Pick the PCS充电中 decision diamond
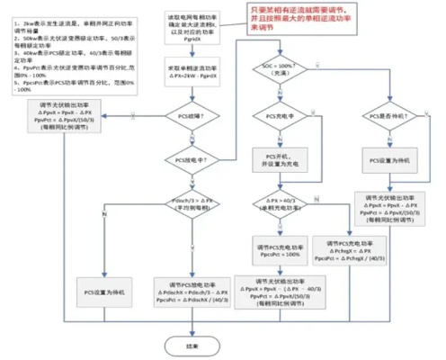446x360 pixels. pyautogui.click(x=278, y=118)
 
